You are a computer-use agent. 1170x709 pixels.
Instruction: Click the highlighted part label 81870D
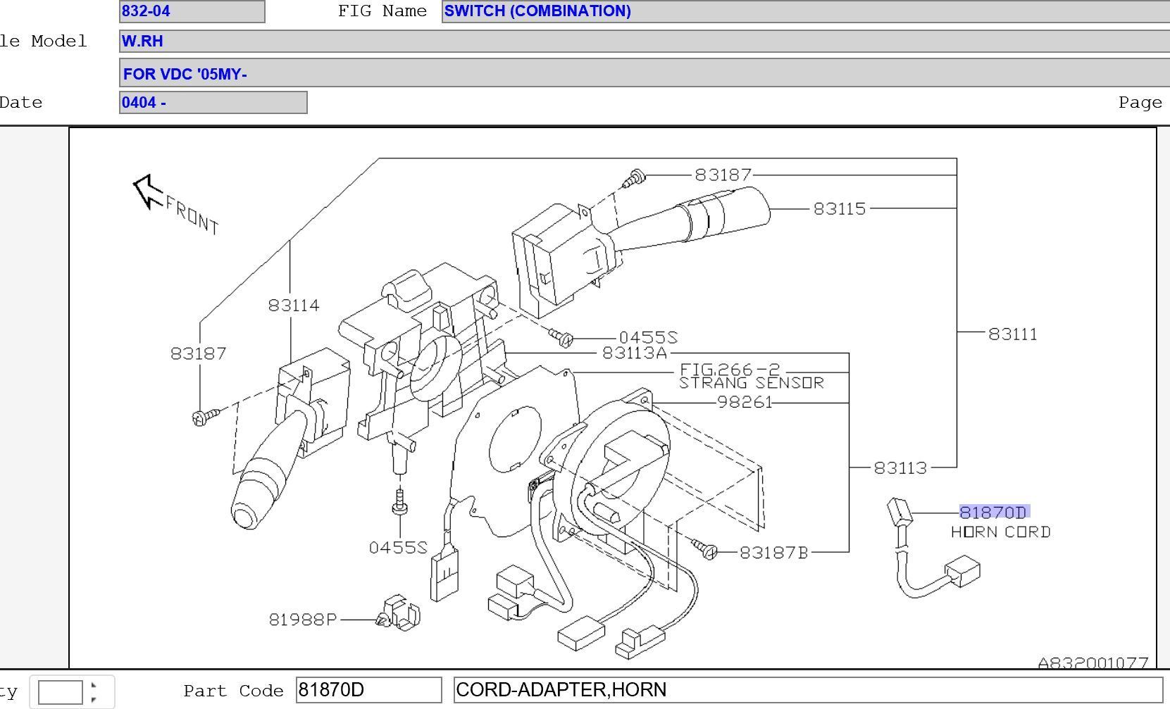993,512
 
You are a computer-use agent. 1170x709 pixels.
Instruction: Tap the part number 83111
1012,334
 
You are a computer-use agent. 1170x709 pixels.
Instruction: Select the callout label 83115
839,208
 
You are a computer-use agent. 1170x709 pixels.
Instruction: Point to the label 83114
293,305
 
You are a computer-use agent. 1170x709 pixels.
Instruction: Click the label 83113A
634,353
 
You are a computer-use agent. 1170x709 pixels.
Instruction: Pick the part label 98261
744,402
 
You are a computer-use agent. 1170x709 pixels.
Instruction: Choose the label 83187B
773,553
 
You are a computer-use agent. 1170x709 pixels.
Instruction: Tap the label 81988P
302,619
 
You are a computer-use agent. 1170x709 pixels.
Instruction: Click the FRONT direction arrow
147,191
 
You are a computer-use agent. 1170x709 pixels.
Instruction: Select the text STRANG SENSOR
751,383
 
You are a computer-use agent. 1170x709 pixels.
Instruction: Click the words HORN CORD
1000,532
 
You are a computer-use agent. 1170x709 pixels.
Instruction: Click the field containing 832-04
192,11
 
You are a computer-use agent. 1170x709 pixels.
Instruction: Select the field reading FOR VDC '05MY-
644,73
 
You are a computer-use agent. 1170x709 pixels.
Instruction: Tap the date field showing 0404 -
213,102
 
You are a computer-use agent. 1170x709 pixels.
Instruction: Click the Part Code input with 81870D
368,689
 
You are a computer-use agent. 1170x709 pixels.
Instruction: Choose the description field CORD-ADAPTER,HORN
807,689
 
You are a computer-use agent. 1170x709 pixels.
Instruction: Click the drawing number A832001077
1093,663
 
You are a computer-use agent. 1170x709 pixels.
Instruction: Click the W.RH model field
644,41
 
